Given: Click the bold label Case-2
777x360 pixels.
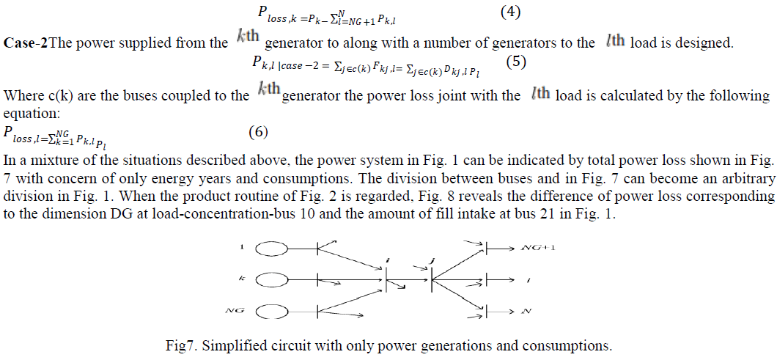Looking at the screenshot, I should click(26, 43).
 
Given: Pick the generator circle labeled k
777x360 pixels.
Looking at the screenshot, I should click(270, 279).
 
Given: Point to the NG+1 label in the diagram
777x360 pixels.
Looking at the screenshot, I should click(539, 248).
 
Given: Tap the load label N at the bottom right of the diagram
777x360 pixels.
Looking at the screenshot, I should click(525, 312).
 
